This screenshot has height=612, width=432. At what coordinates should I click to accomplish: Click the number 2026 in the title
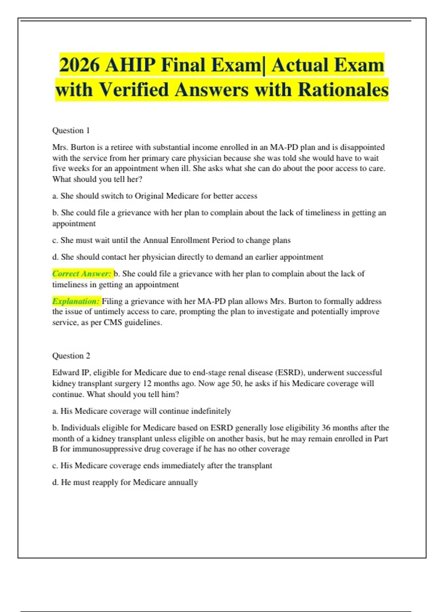coord(79,65)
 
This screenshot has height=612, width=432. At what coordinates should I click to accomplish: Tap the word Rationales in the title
coord(343,90)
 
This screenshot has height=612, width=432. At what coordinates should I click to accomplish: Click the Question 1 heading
coord(71,130)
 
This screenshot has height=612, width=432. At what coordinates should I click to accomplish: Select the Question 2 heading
coord(71,356)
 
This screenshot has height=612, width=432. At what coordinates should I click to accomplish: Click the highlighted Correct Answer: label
coord(82,274)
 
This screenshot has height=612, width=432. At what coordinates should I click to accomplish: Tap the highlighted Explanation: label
coord(76,301)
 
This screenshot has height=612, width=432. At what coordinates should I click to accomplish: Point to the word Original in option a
coord(148,196)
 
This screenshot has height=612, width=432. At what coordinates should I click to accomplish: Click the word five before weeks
coord(59,168)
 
